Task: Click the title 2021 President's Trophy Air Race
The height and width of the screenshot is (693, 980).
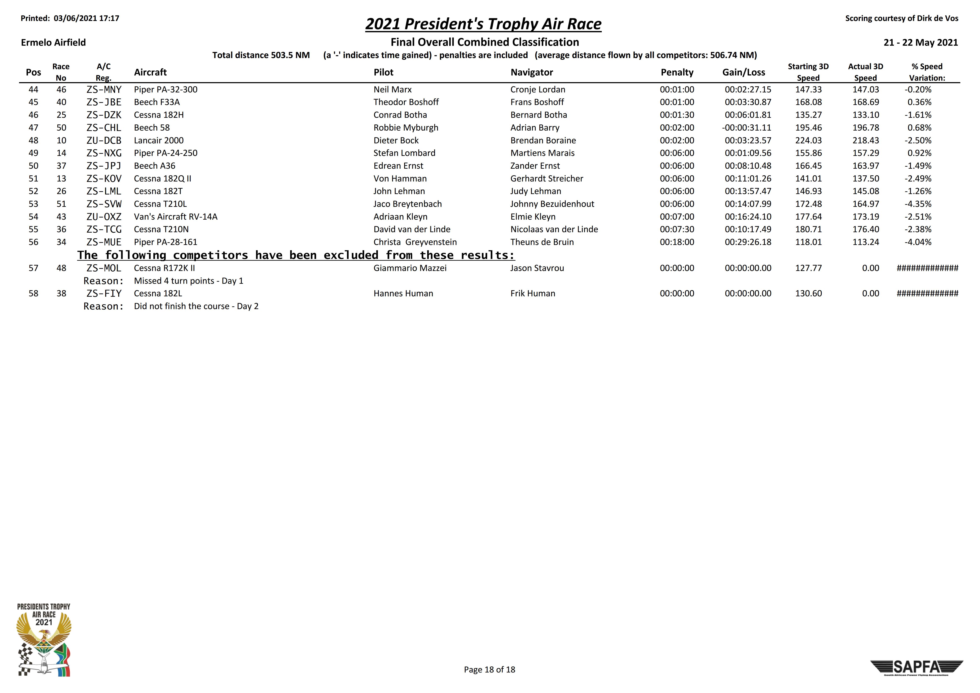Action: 483,24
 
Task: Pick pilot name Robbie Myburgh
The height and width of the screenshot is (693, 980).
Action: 405,128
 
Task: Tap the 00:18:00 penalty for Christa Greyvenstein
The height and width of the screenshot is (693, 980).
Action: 677,242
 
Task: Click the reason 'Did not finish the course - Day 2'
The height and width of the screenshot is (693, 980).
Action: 196,306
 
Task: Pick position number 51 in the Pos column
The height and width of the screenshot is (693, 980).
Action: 33,179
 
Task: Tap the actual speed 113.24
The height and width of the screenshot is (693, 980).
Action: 866,242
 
